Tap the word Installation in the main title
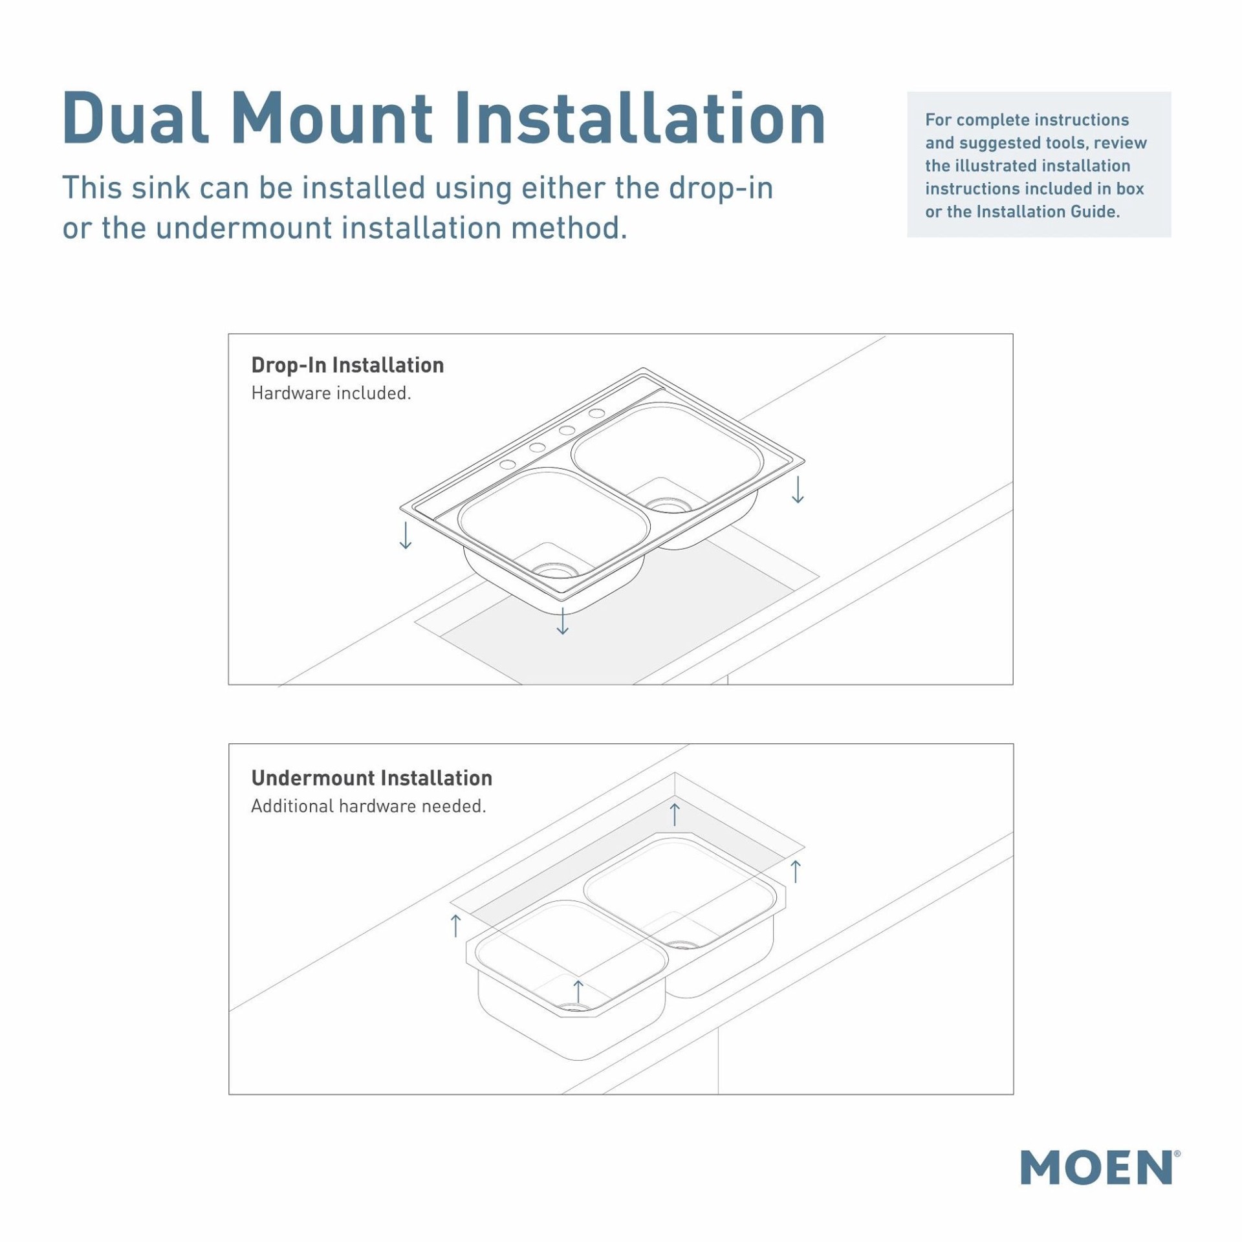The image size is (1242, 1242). (x=640, y=119)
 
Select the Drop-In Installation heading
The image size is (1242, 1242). (x=347, y=365)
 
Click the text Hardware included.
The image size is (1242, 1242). (x=331, y=393)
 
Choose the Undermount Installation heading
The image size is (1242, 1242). (x=371, y=778)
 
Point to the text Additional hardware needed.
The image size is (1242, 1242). (x=368, y=806)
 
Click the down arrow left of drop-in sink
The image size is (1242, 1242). (x=406, y=535)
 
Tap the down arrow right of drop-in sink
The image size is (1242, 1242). (x=798, y=489)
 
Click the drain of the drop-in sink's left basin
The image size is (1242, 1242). (x=554, y=570)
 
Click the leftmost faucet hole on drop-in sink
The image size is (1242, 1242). (x=508, y=464)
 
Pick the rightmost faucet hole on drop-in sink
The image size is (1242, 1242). (x=596, y=413)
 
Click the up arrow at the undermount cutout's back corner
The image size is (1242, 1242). (x=675, y=814)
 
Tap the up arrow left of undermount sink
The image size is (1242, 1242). (x=455, y=925)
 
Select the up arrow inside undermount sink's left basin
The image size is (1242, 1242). (x=578, y=991)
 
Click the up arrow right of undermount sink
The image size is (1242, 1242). (x=796, y=871)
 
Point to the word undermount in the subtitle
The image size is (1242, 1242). (x=244, y=228)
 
